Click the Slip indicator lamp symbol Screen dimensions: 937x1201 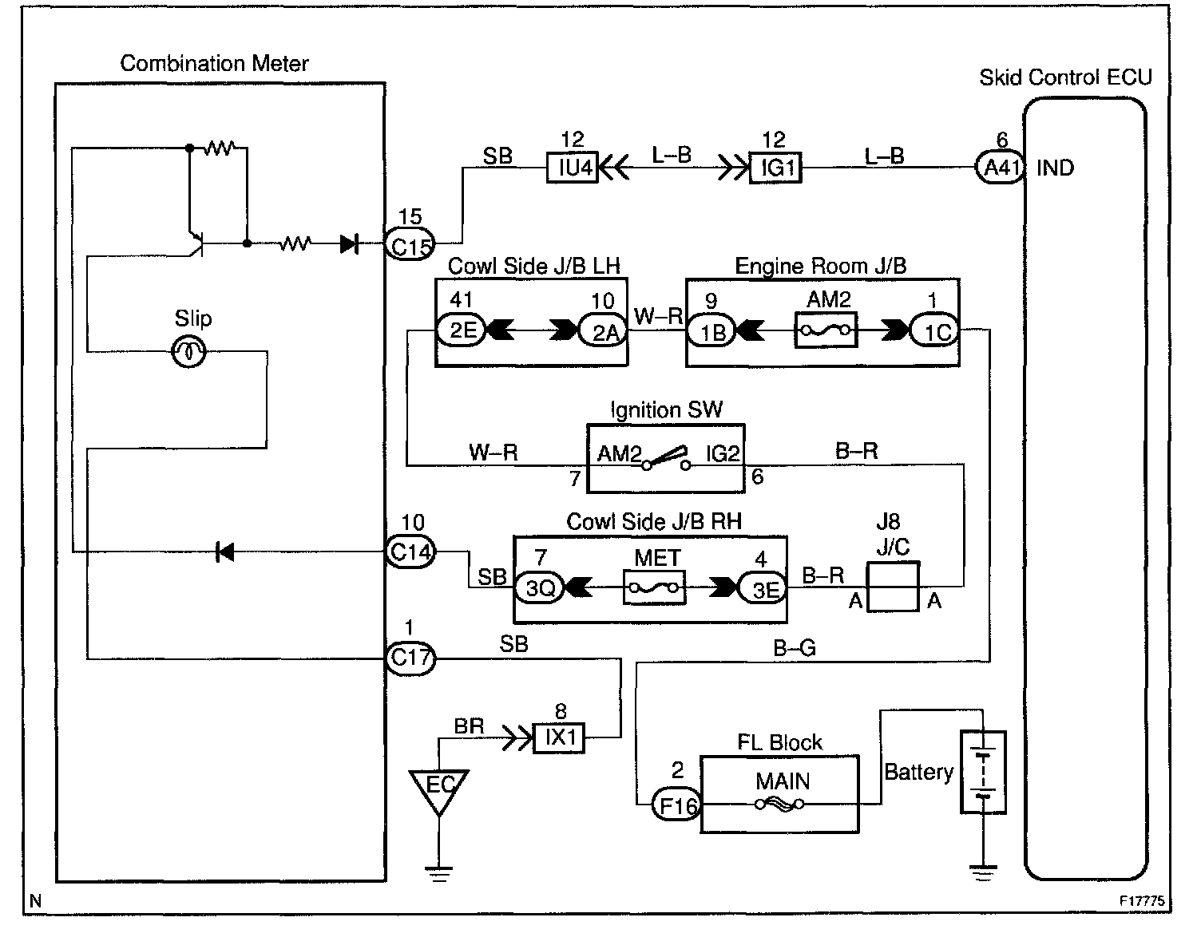190,351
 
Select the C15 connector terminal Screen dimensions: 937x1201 410,245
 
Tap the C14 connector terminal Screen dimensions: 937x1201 410,552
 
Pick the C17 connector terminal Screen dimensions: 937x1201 410,658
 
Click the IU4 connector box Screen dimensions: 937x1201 573,168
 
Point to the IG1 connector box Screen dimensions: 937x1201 775,168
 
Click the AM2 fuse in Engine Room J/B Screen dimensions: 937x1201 826,330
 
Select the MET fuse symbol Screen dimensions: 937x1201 655,589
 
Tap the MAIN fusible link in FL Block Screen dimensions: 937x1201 779,805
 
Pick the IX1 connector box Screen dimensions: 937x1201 560,737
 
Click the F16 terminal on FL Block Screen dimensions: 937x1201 676,805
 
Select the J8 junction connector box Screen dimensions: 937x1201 893,587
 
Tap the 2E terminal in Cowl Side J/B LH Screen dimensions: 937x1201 462,330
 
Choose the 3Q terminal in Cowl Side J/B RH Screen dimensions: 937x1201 540,588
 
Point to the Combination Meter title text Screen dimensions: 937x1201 214,64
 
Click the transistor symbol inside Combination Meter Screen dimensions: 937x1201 196,243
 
